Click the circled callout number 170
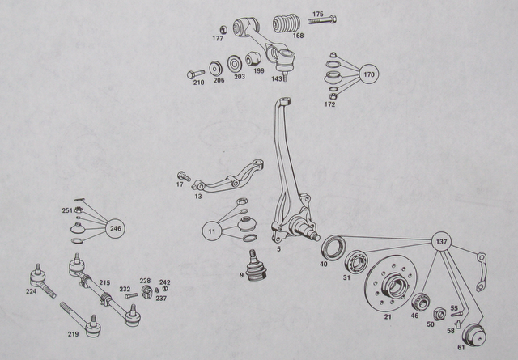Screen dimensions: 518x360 pyautogui.click(x=369, y=74)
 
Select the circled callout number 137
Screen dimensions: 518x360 pyautogui.click(x=441, y=242)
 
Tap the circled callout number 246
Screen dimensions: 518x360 pyautogui.click(x=115, y=228)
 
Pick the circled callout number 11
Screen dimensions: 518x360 pyautogui.click(x=212, y=231)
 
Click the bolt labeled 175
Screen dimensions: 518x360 pyautogui.click(x=322, y=19)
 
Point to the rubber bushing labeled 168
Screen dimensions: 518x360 pyautogui.click(x=287, y=23)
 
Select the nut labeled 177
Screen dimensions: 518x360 pyautogui.click(x=223, y=29)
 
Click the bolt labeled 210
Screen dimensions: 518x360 pyautogui.click(x=196, y=74)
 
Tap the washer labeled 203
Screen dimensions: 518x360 pyautogui.click(x=235, y=64)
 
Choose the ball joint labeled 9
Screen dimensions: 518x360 pyautogui.click(x=253, y=266)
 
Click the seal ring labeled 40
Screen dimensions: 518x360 pyautogui.click(x=334, y=247)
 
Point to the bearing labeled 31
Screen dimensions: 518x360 pyautogui.click(x=356, y=261)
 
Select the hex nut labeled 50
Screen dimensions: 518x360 pyautogui.click(x=439, y=313)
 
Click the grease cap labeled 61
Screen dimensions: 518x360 pyautogui.click(x=474, y=335)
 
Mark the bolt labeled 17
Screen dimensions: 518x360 pyautogui.click(x=184, y=176)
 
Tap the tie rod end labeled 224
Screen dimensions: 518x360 pyautogui.click(x=42, y=281)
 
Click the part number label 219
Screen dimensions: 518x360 pyautogui.click(x=74, y=334)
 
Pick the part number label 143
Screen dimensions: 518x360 pyautogui.click(x=277, y=79)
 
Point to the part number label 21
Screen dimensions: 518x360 pyautogui.click(x=388, y=317)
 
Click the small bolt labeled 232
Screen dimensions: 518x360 pyautogui.click(x=131, y=295)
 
